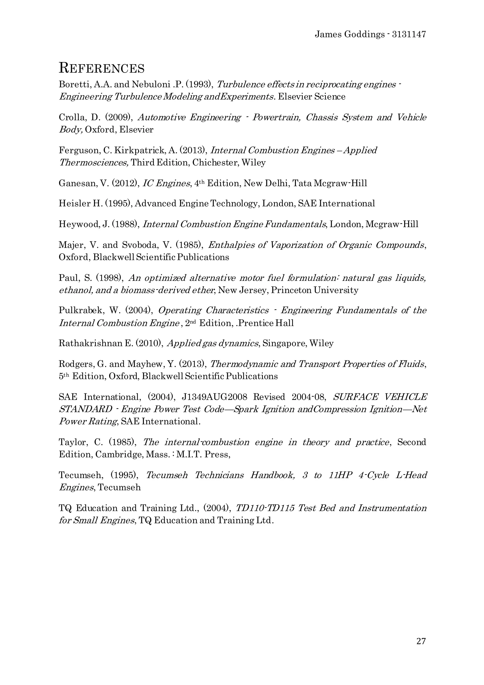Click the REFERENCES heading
102,68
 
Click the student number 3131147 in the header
409,35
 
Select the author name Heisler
71,203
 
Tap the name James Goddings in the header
350,35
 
